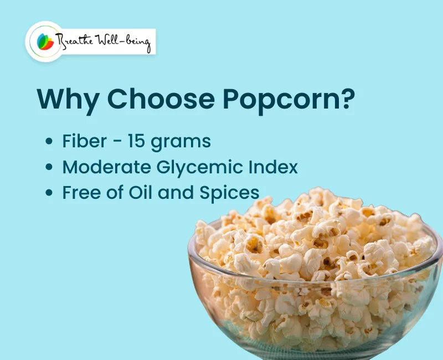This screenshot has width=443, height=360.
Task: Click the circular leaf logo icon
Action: pyautogui.click(x=44, y=42)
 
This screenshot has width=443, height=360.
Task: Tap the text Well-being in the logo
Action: pyautogui.click(x=125, y=42)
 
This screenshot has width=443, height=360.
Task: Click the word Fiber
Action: pyautogui.click(x=84, y=141)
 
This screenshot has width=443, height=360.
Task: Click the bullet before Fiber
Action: pyautogui.click(x=49, y=142)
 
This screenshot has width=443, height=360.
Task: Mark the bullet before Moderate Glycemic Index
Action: pyautogui.click(x=49, y=167)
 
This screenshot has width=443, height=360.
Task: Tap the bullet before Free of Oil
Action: pyautogui.click(x=49, y=193)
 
